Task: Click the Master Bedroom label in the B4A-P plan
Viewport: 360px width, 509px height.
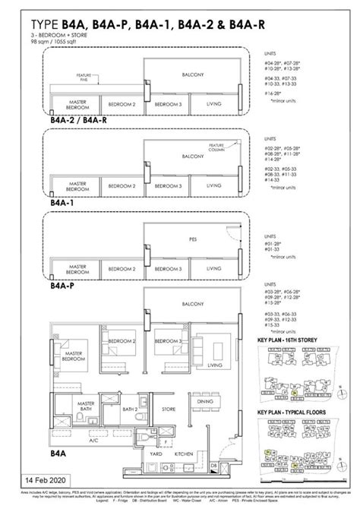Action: (76, 268)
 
